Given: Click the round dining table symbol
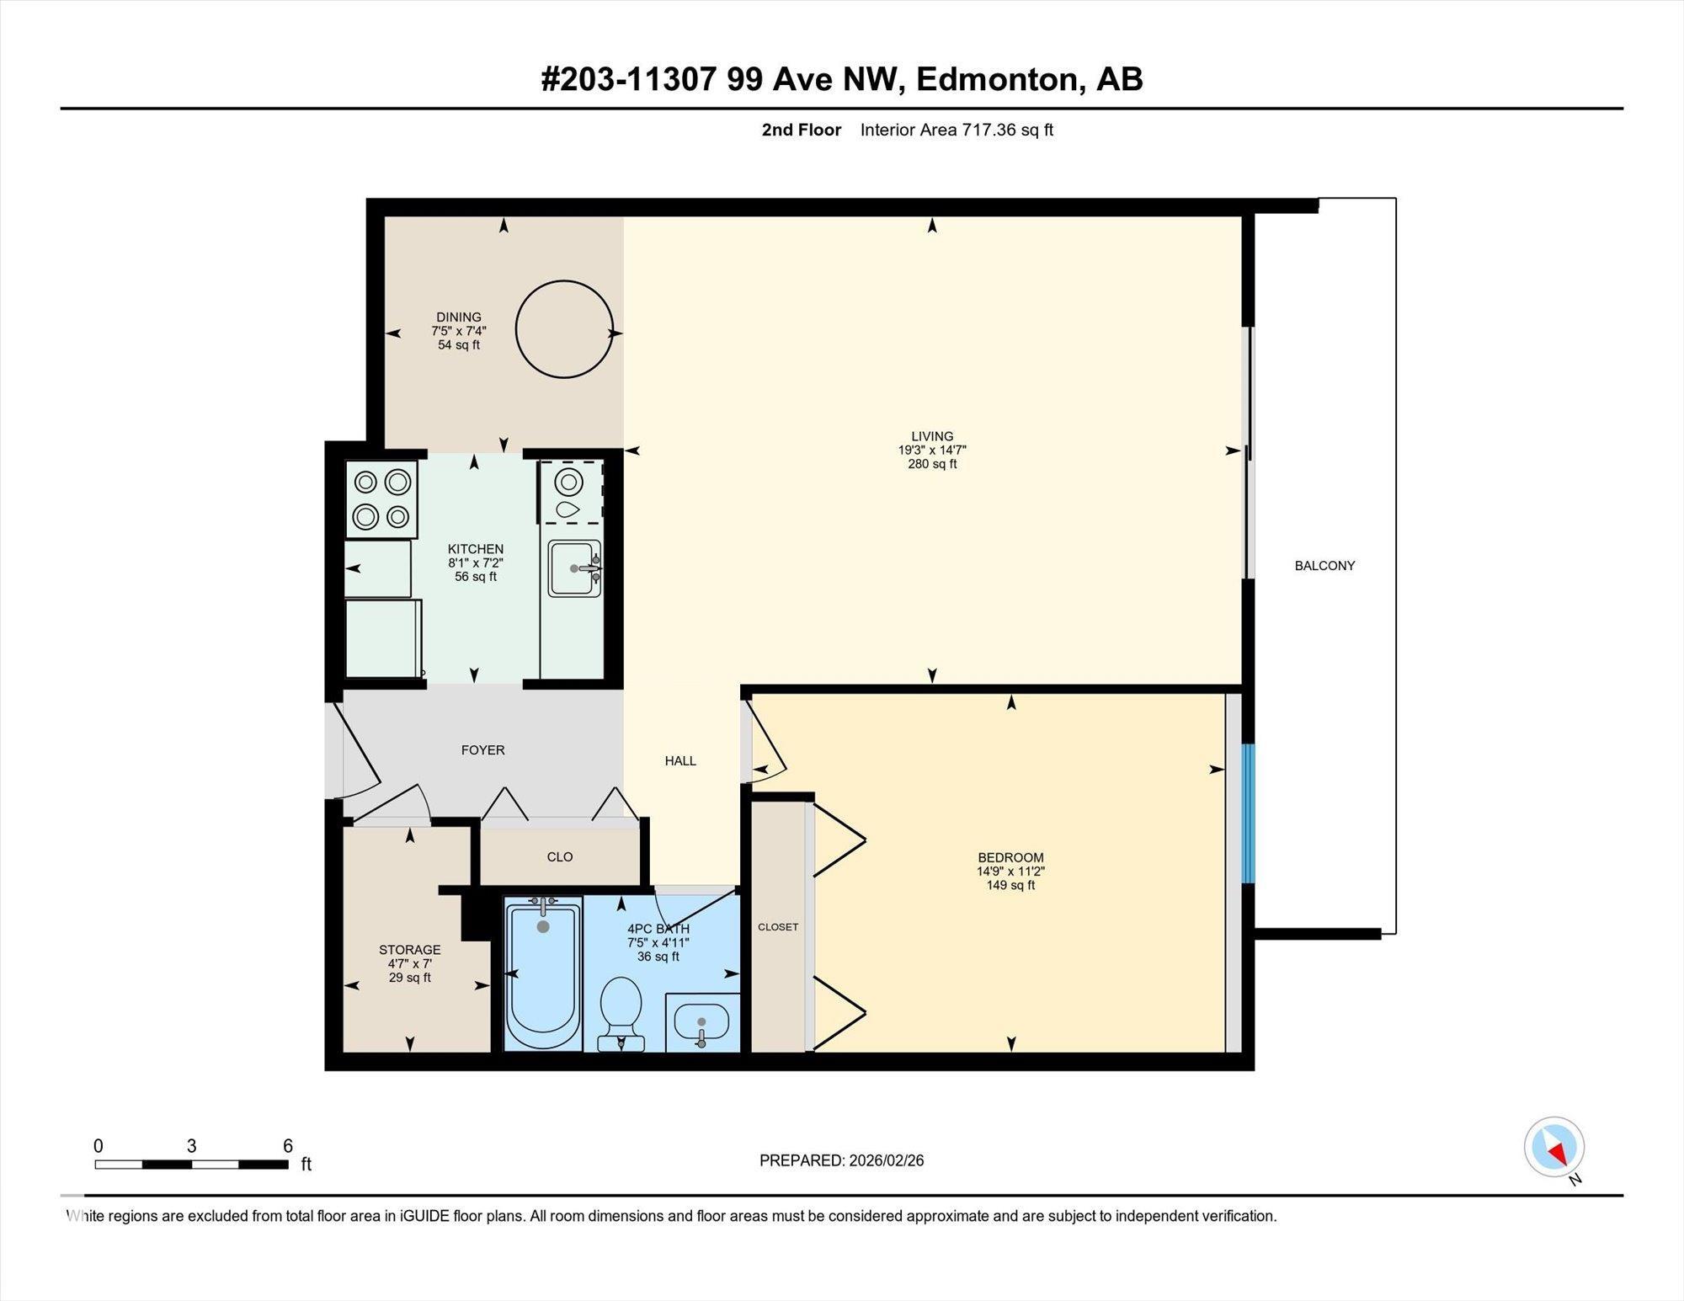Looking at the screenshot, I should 563,330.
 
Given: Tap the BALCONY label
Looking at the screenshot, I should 1324,566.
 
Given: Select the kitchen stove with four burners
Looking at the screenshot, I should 381,499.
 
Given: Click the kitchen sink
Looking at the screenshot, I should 574,568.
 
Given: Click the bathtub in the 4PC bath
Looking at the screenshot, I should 543,975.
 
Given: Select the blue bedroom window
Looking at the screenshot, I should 1249,813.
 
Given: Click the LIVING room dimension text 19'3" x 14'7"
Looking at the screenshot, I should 931,451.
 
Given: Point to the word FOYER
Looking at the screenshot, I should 482,750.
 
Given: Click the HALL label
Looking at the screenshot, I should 680,761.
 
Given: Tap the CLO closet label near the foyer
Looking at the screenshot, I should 560,857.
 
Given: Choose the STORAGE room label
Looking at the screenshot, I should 409,950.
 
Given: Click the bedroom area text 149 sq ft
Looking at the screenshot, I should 1010,886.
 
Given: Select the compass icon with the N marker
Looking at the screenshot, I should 1554,1147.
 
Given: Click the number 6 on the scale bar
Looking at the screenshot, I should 288,1146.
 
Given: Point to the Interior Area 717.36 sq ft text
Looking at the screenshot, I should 957,130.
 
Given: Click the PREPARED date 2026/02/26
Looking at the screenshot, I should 886,1160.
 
